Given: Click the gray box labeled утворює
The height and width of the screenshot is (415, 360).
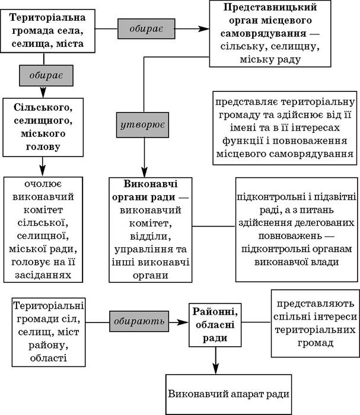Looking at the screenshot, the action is [x=142, y=125].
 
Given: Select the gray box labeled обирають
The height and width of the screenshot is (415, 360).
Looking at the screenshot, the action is [x=139, y=321].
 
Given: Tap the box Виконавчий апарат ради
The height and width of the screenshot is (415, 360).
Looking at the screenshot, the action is [x=229, y=394].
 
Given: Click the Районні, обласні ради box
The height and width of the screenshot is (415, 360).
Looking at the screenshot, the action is [x=215, y=325].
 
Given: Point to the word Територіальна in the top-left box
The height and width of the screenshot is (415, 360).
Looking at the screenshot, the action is [x=47, y=18].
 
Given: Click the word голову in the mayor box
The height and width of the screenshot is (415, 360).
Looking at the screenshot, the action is [x=43, y=147].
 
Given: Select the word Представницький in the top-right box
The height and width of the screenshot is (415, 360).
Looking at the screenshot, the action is [x=270, y=7].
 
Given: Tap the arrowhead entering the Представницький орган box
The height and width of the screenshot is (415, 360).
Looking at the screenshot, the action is [x=204, y=28].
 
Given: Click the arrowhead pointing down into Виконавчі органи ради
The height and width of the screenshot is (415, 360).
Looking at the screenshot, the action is [x=144, y=172].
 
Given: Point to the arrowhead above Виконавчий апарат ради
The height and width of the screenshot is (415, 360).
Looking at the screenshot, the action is [x=216, y=369].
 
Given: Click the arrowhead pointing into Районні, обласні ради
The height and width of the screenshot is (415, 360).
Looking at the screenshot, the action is [x=183, y=322].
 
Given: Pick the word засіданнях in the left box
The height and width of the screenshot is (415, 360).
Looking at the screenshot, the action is [x=43, y=275].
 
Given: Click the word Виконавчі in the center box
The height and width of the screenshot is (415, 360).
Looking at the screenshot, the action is [x=151, y=184].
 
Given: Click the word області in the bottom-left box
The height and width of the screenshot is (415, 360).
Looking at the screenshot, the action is [x=49, y=358].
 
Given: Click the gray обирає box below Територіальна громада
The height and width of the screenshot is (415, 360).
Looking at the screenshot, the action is [x=46, y=75].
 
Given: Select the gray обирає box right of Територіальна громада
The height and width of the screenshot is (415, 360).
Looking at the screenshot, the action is [x=146, y=28].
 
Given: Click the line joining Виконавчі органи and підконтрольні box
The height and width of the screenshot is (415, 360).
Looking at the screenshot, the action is [x=214, y=226].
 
